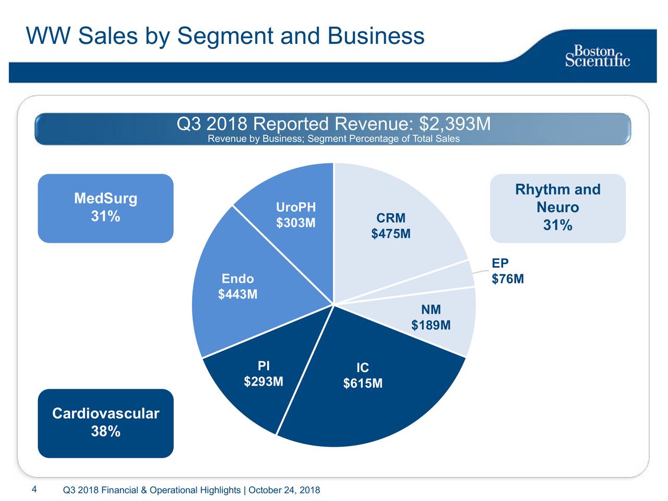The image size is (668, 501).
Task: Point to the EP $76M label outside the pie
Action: (x=507, y=271)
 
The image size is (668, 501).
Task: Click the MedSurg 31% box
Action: (x=105, y=208)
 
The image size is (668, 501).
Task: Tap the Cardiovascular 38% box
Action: (x=105, y=423)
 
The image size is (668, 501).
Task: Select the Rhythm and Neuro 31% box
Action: (x=557, y=208)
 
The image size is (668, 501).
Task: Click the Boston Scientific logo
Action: (x=598, y=56)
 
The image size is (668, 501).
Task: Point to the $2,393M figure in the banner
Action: (x=455, y=124)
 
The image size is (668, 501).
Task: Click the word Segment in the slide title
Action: (x=225, y=37)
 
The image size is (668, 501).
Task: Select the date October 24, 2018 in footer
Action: (x=284, y=490)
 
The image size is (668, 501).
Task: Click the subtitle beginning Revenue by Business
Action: (x=333, y=139)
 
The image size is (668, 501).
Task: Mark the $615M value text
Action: (x=363, y=384)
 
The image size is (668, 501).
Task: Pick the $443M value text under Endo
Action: (x=237, y=295)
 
